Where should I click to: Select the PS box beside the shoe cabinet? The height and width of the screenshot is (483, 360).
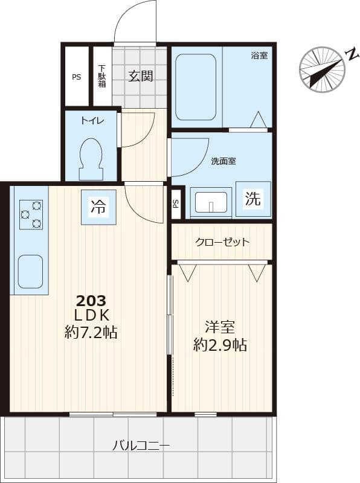point(76,77)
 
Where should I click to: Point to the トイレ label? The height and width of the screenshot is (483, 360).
point(92,121)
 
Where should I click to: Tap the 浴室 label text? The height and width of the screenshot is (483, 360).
point(259,56)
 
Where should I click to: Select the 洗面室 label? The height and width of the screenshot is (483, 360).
point(223,161)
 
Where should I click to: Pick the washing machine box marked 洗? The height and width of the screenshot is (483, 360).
point(253,199)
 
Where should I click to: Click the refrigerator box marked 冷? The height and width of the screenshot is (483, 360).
point(98,207)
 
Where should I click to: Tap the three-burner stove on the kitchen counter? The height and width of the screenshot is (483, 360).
point(31,214)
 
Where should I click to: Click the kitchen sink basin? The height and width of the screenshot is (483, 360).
point(30,271)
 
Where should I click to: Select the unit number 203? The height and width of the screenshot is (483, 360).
point(91,300)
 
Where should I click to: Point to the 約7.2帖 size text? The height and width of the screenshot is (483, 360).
point(91,331)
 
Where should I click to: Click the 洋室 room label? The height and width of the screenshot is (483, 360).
point(220,327)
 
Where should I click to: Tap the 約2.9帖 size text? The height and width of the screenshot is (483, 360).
point(220,345)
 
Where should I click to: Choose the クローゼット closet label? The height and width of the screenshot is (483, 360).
point(222,242)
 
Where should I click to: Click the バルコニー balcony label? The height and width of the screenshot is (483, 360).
point(141,446)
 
